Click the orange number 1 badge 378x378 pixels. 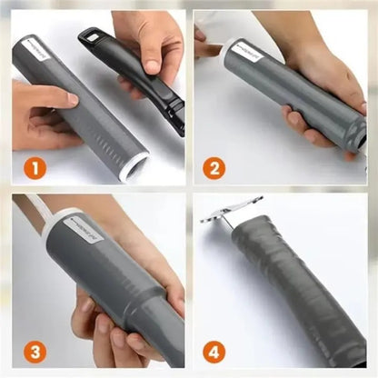[33, 166]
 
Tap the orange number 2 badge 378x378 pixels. [215, 166]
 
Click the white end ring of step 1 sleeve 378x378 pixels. [136, 166]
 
